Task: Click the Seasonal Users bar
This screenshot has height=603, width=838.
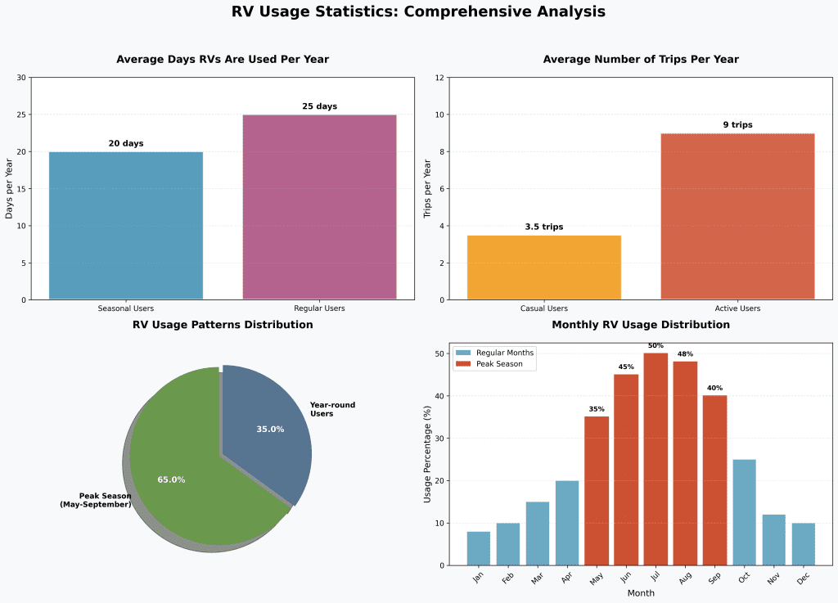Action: (x=126, y=225)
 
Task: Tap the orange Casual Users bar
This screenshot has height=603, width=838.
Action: (x=544, y=268)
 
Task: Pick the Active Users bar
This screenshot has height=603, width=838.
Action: (x=737, y=216)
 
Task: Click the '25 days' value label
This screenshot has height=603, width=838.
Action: (x=319, y=106)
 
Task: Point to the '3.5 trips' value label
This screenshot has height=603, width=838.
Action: (x=544, y=227)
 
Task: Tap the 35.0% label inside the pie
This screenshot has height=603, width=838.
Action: (x=270, y=429)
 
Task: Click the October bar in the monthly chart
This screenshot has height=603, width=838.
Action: (x=744, y=512)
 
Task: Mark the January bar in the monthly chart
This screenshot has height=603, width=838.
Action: (x=479, y=548)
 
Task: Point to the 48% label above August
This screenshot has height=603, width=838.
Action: (x=685, y=354)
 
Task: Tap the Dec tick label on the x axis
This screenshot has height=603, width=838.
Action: (x=804, y=579)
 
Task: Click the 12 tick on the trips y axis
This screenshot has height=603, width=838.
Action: (x=439, y=78)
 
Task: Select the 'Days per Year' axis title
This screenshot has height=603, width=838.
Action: (x=10, y=188)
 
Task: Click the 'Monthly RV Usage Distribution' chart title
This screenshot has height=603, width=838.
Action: (x=641, y=325)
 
